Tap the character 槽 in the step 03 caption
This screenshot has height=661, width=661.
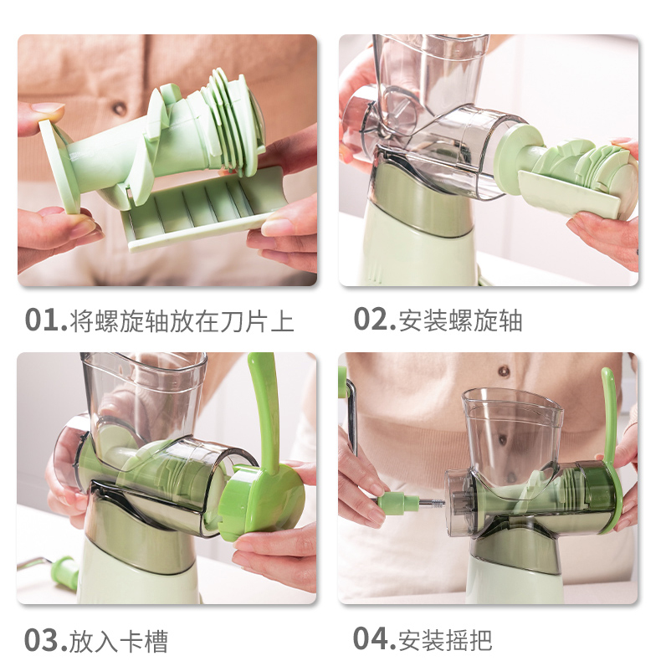[x=156, y=642]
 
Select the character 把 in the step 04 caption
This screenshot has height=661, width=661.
[x=480, y=640]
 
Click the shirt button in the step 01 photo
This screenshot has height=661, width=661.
[x=120, y=108]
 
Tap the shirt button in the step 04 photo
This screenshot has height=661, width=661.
[x=504, y=371]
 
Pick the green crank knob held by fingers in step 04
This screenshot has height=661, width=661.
[x=397, y=502]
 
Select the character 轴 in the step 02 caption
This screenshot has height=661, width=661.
[x=510, y=320]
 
